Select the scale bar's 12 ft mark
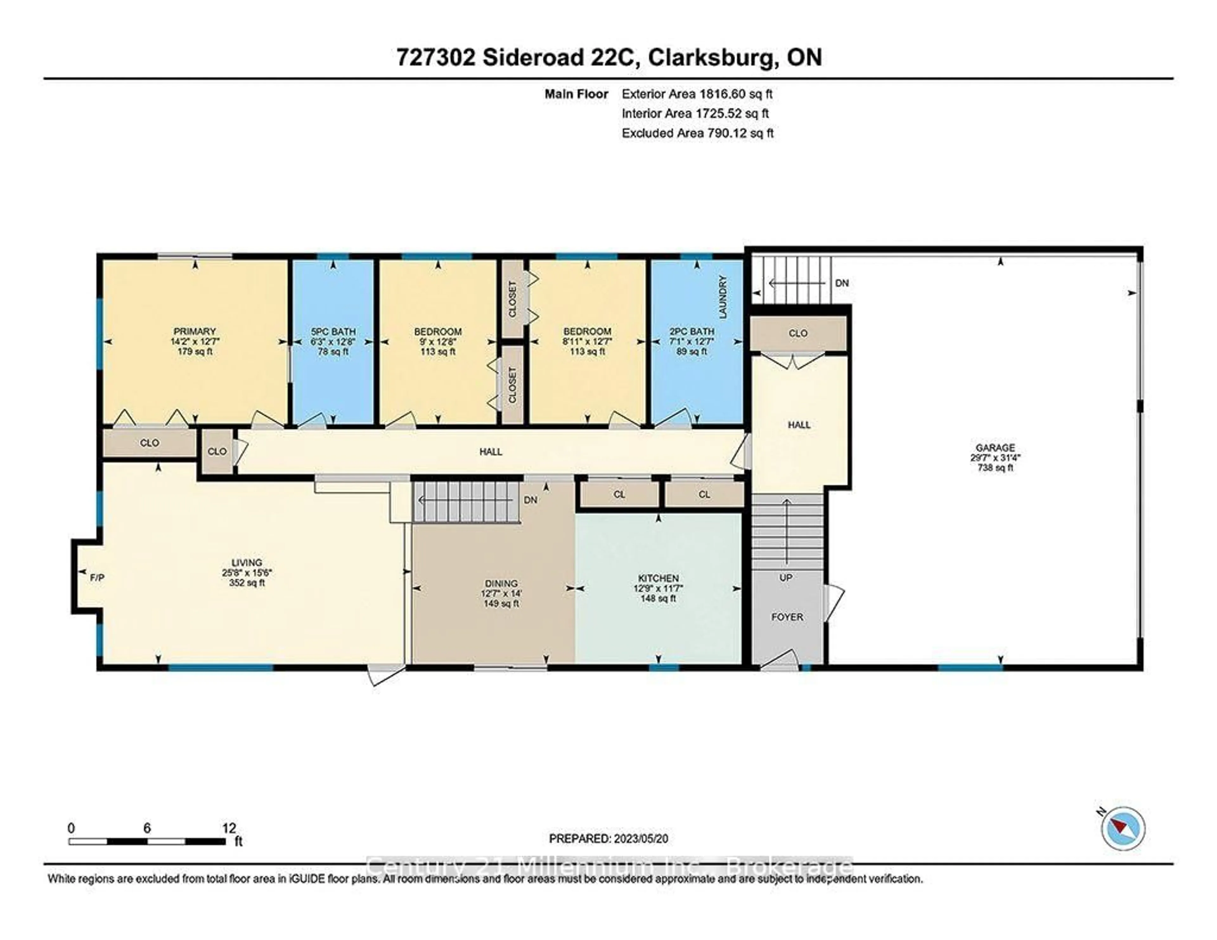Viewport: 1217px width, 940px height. [229, 828]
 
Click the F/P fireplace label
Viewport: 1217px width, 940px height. [97, 578]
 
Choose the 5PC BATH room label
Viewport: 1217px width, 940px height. [333, 332]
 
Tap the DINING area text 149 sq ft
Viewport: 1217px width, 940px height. [501, 603]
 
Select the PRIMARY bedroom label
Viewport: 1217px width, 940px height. [195, 332]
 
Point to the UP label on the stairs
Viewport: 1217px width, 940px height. [786, 578]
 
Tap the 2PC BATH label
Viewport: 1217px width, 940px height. [692, 332]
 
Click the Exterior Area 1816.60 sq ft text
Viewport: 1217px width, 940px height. [697, 94]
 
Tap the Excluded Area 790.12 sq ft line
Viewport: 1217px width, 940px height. [697, 133]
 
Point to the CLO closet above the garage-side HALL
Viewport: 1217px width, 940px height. [798, 333]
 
